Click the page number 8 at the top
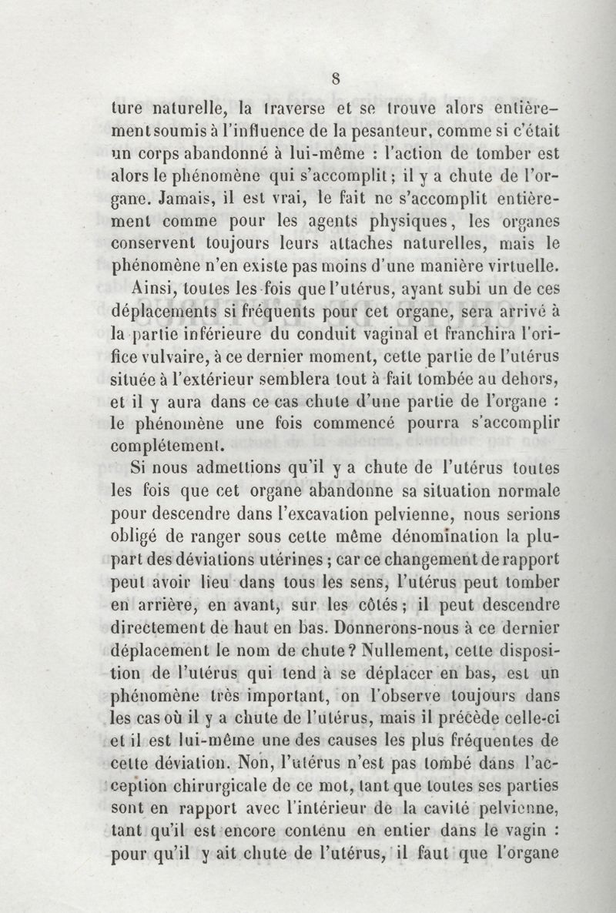coord(336,77)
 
